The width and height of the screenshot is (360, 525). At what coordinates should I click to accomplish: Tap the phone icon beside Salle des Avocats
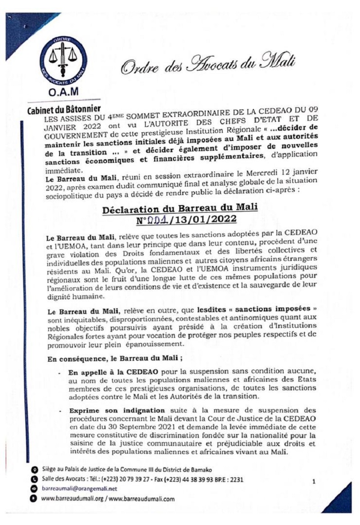pos(33,480)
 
